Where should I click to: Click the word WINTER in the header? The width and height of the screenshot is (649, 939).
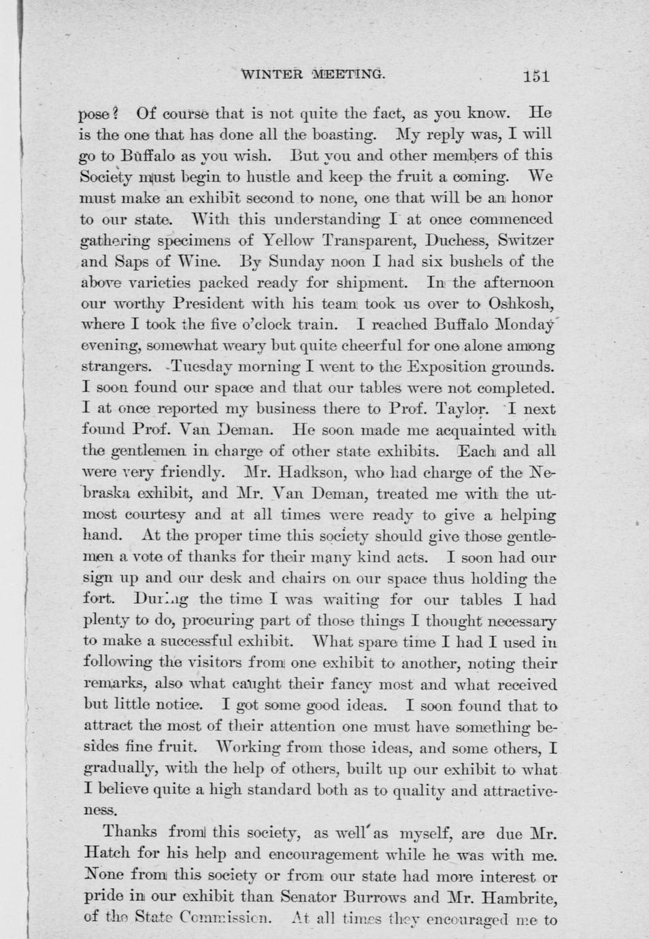272,73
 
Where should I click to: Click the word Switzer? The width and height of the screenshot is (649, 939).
526,240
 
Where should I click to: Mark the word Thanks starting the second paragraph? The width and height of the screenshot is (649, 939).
130,831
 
